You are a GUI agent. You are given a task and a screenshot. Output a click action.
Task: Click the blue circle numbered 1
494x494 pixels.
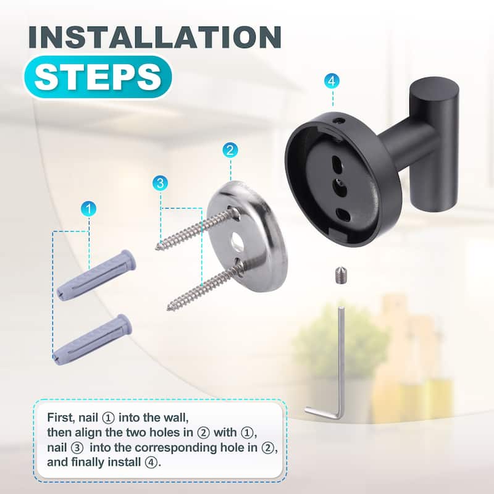click(89, 209)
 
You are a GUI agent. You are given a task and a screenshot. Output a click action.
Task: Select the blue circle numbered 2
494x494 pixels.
click(230, 150)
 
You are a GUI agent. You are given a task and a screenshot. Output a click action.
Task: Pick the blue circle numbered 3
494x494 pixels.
click(161, 183)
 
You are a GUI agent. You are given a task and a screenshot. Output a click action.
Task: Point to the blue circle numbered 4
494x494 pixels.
click(333, 81)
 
